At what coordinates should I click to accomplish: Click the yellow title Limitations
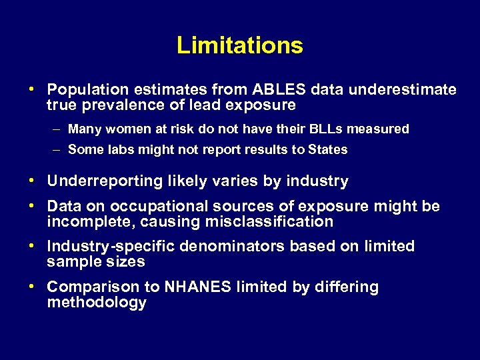[240, 45]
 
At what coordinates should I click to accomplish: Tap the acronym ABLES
[272, 89]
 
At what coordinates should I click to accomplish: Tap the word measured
[383, 129]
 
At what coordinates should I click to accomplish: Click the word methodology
[97, 303]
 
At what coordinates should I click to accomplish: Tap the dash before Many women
[58, 129]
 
